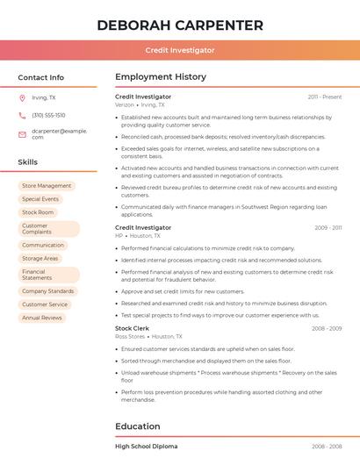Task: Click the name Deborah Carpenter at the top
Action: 180,25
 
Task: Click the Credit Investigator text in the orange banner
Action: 180,50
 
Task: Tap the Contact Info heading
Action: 41,77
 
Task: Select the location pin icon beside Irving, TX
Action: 22,97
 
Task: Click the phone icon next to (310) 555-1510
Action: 22,115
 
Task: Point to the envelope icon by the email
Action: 22,133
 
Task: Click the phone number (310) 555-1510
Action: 48,115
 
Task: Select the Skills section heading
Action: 28,161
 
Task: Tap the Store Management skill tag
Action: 47,186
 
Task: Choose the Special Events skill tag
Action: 40,199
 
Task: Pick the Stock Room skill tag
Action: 38,212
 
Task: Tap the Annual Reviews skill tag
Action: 42,318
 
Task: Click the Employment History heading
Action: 161,77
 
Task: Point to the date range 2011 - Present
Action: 325,97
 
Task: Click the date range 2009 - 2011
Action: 328,228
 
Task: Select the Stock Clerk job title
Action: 133,328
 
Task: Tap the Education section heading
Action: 137,426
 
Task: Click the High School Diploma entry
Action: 147,447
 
